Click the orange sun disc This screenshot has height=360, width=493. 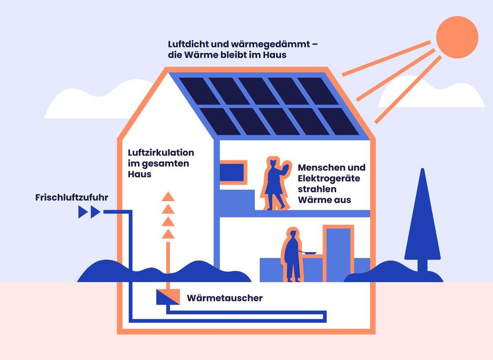[x=458, y=36]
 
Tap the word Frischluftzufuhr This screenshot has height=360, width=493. [x=71, y=198]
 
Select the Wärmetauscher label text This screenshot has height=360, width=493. [x=224, y=298]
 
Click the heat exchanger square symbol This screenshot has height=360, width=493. [x=165, y=297]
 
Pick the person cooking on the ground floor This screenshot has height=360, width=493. [x=292, y=256]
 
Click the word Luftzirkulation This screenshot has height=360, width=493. [x=158, y=152]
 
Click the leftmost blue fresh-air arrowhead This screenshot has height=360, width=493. [x=83, y=213]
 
